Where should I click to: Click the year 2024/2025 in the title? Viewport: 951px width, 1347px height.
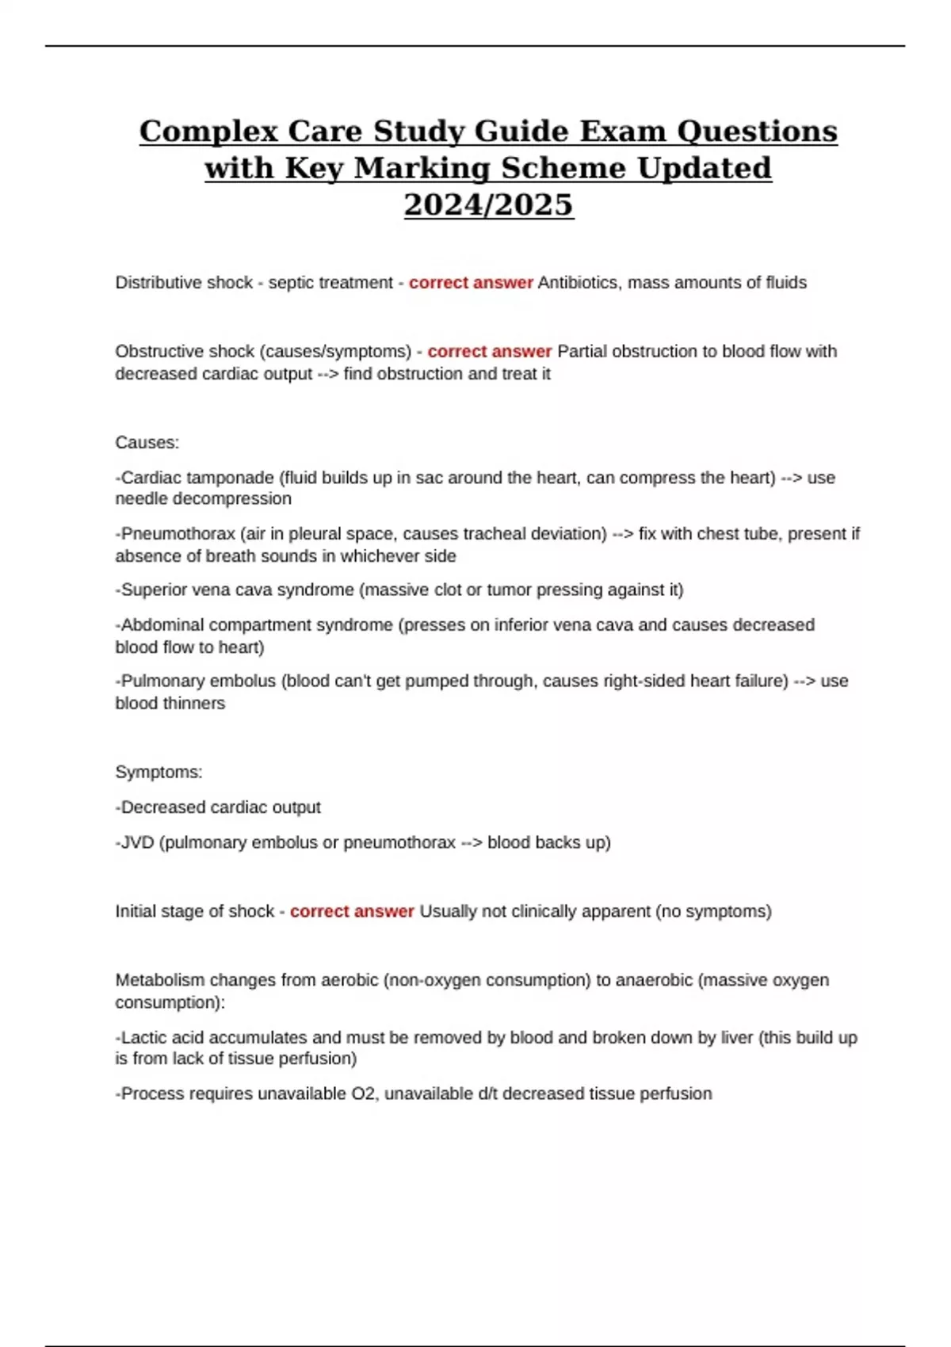(488, 204)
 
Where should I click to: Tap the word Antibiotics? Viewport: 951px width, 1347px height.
(578, 283)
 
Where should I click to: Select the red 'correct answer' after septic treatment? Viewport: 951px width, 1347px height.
(471, 283)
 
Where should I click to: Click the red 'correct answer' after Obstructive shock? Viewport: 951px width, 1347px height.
(489, 351)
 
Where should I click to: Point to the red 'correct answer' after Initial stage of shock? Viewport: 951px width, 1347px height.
(352, 911)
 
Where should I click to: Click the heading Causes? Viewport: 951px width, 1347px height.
(147, 442)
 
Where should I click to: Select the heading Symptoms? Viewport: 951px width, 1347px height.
(158, 772)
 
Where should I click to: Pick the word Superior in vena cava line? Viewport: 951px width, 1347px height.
(158, 590)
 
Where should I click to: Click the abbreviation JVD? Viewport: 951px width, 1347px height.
(138, 842)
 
